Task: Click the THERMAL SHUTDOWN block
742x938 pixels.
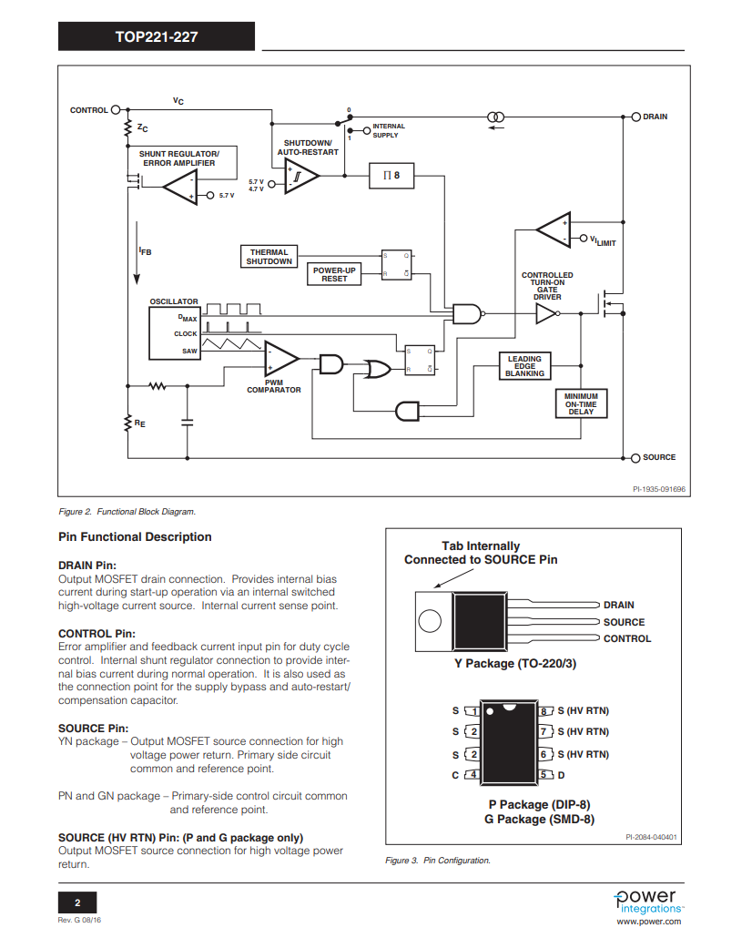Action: (x=269, y=257)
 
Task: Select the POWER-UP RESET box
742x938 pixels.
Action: (x=334, y=274)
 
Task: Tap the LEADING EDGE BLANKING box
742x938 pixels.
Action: (x=524, y=366)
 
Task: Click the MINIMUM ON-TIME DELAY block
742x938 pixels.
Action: (x=581, y=403)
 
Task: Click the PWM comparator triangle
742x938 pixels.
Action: (x=280, y=359)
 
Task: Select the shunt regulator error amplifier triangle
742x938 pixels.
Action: (x=180, y=188)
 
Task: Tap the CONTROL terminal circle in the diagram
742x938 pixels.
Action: (x=116, y=110)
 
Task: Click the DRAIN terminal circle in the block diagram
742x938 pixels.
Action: (x=635, y=117)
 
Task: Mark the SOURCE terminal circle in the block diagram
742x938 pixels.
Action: (x=635, y=457)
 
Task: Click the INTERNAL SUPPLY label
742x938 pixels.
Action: (x=389, y=131)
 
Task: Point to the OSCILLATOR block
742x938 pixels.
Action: (x=175, y=332)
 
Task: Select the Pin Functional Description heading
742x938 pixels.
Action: (x=135, y=536)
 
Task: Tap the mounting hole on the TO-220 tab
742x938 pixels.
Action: (x=431, y=623)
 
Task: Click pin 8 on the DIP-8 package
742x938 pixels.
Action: (x=546, y=710)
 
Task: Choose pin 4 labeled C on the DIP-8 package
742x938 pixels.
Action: (x=472, y=775)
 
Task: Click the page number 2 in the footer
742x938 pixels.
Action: (x=77, y=902)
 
